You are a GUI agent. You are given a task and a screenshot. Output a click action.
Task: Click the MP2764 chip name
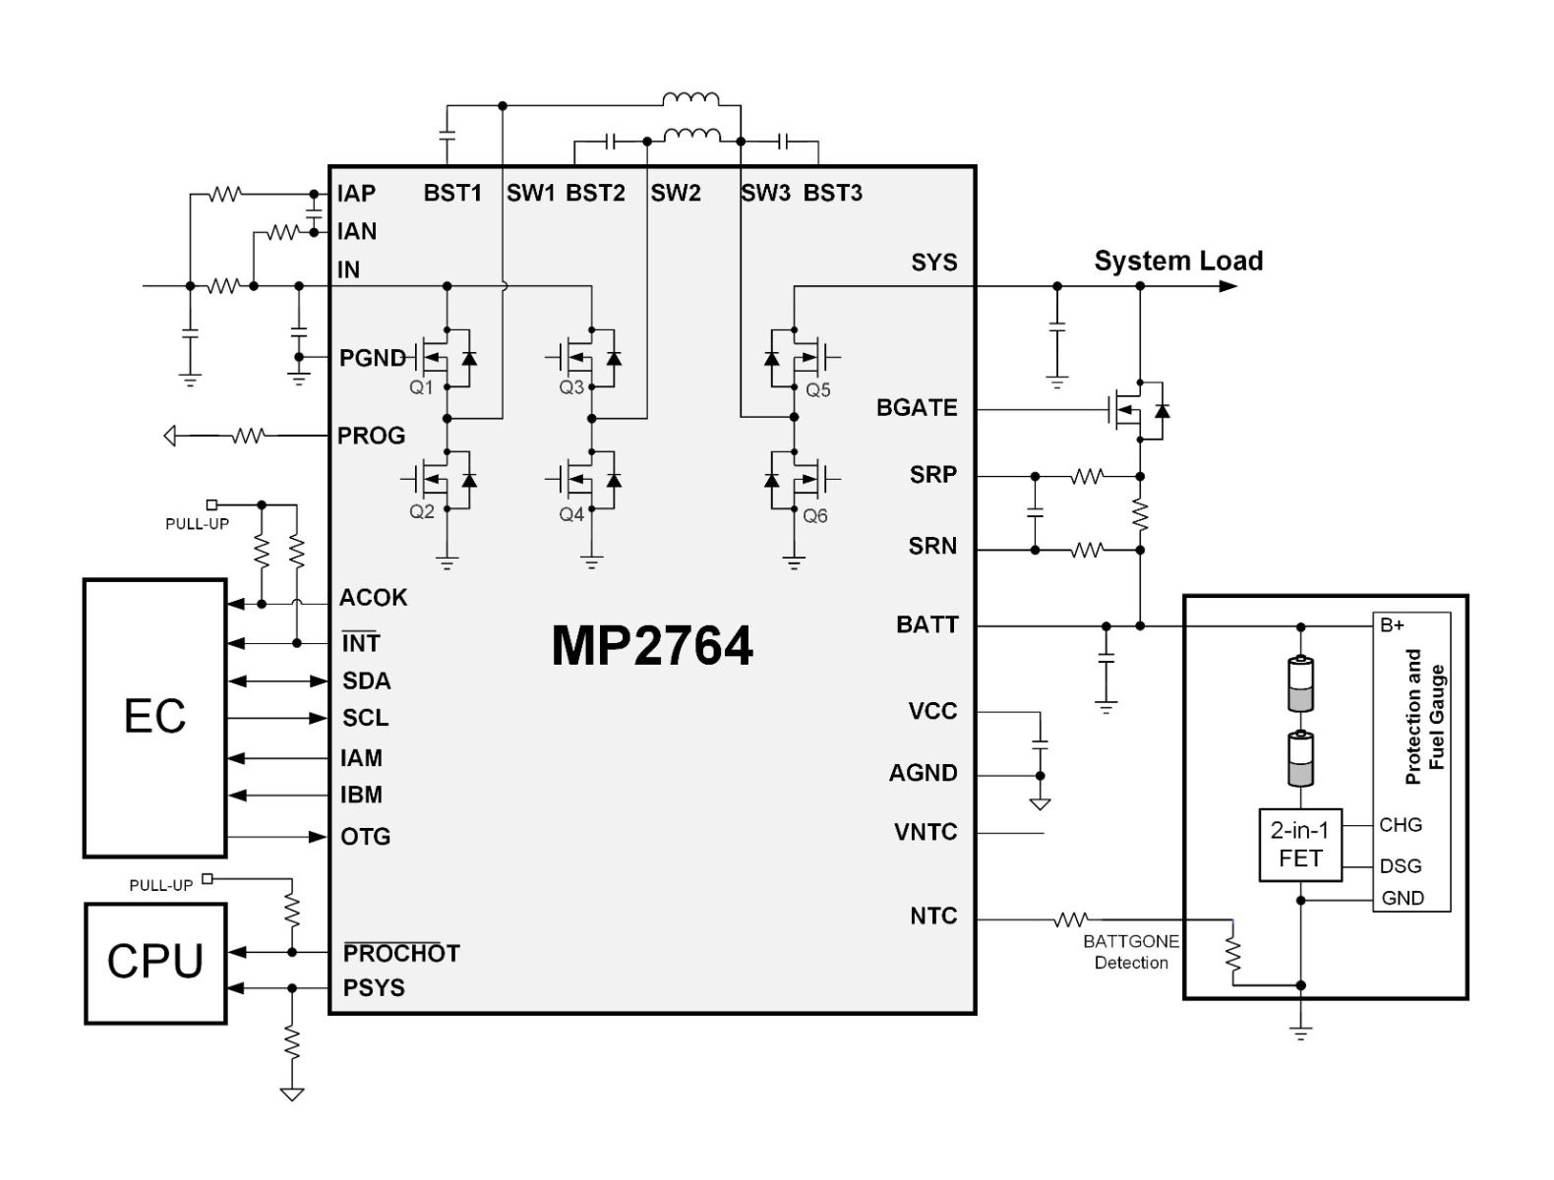point(652,646)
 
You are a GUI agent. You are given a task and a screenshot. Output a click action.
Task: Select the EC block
point(155,717)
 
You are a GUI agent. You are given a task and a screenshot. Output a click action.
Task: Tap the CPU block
point(155,962)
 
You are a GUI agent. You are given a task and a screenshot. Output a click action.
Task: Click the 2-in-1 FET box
point(1300,845)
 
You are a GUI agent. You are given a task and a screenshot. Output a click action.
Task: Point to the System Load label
point(1178,262)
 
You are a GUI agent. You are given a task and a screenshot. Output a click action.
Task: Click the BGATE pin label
point(917,408)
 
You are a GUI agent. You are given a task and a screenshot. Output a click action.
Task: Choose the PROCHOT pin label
point(401,953)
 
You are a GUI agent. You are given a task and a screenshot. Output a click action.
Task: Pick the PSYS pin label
point(374,988)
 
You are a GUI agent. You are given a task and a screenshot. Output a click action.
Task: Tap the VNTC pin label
point(926,833)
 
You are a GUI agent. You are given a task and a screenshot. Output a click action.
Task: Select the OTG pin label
point(366,837)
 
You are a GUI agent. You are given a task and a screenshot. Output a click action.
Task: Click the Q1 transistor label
point(421,387)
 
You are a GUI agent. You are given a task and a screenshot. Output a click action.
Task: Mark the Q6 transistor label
point(815,515)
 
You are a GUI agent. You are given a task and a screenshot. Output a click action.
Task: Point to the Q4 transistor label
point(571,514)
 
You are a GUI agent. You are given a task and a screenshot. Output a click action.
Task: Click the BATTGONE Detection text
point(1131,952)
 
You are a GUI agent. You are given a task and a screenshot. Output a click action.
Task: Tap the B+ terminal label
point(1393,625)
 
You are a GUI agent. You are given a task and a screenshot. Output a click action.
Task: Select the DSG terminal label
point(1401,866)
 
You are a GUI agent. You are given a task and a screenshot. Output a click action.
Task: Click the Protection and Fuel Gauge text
point(1425,716)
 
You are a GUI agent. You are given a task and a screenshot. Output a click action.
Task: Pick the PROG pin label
point(371,436)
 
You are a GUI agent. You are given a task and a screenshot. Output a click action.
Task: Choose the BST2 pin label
point(595,194)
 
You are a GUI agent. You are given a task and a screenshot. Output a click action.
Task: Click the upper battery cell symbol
point(1300,683)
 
